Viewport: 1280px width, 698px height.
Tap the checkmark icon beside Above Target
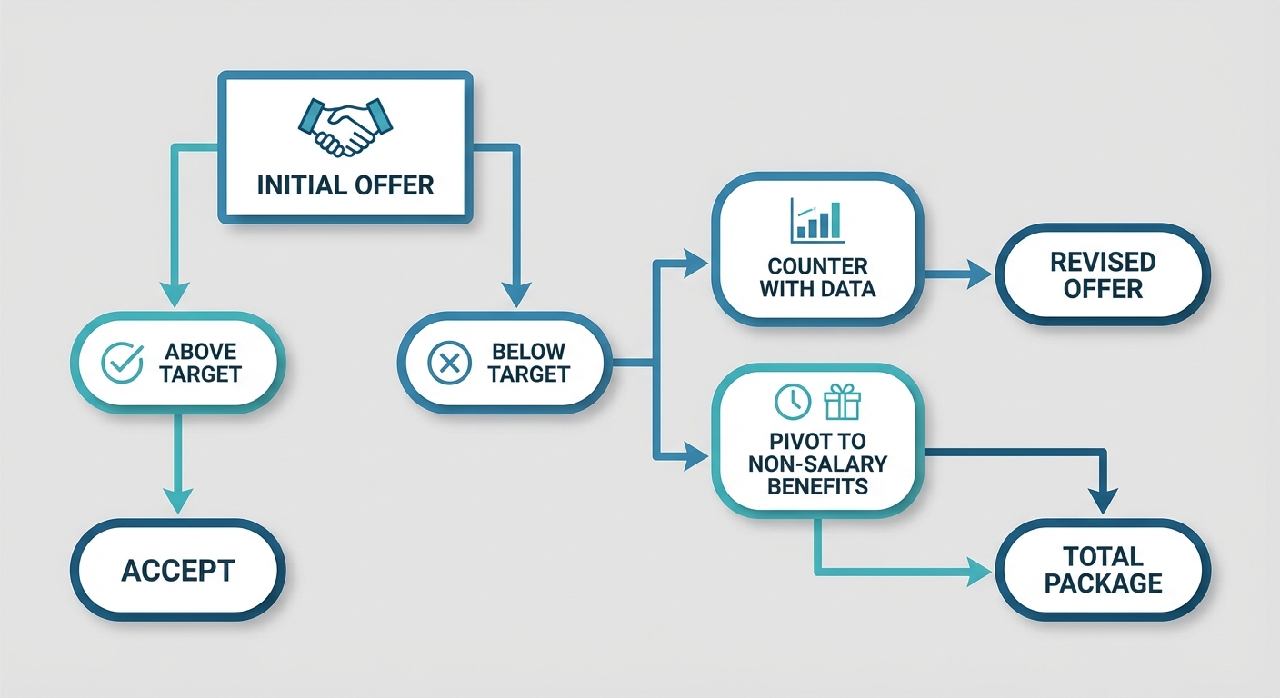pos(122,363)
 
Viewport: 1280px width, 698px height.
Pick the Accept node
pos(177,570)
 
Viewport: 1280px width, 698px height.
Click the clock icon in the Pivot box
pos(793,401)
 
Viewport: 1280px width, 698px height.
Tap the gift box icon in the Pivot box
pos(841,401)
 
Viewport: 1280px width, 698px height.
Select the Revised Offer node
pos(1103,275)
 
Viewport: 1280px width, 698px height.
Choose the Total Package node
pos(1103,570)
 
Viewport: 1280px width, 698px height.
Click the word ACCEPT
pos(178,571)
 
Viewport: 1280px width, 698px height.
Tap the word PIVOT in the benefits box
pos(792,443)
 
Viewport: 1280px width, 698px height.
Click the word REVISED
pos(1103,263)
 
